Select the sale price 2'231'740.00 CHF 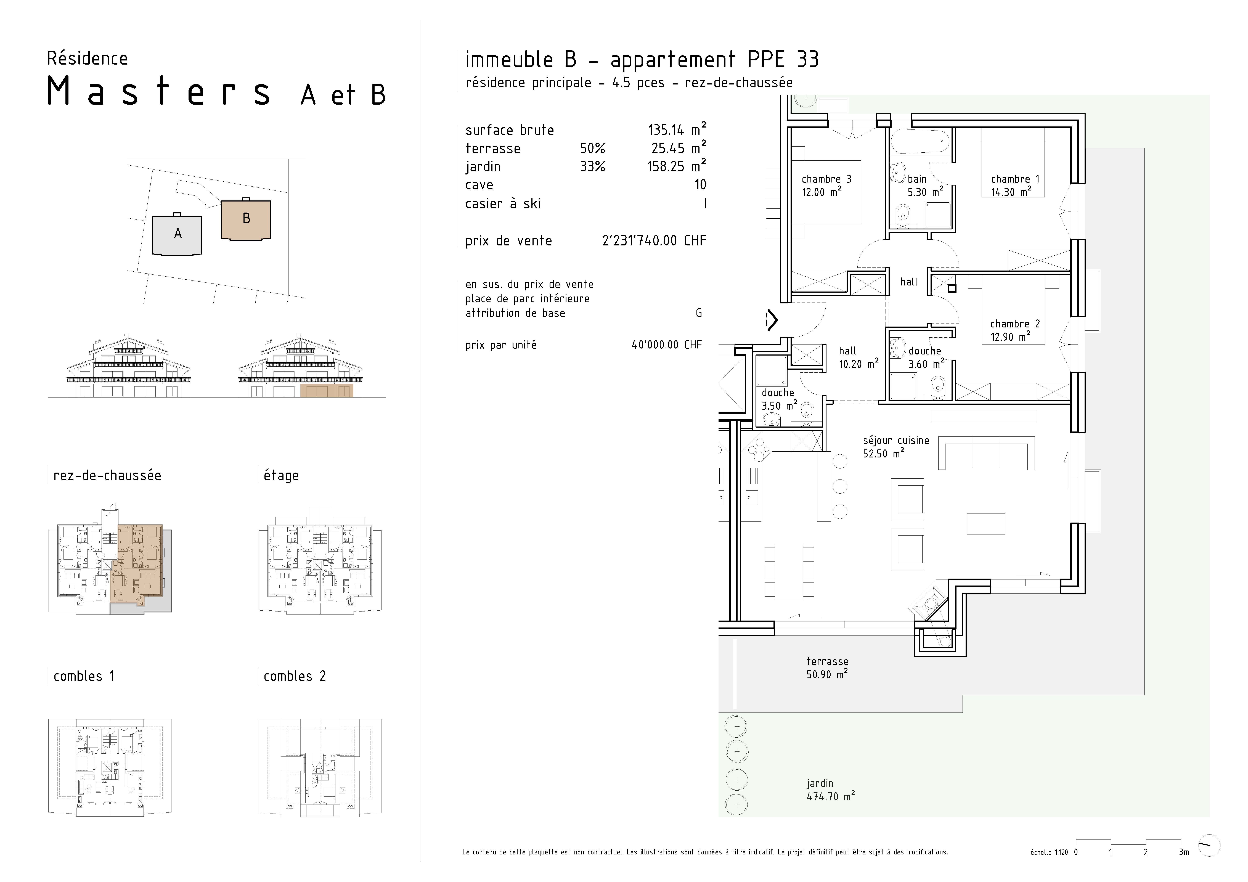pyautogui.click(x=654, y=241)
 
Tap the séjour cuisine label pyautogui.click(x=896, y=447)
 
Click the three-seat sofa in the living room pyautogui.click(x=986, y=453)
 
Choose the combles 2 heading pyautogui.click(x=295, y=677)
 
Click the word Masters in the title pyautogui.click(x=159, y=91)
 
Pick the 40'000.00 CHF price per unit pyautogui.click(x=667, y=345)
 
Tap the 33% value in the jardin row pyautogui.click(x=592, y=166)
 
